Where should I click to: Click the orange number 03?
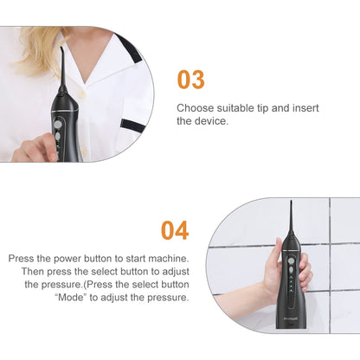(190, 80)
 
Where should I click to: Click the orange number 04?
(175, 230)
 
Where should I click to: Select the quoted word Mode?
(71, 297)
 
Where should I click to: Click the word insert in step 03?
(305, 108)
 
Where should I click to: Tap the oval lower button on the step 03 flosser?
(58, 136)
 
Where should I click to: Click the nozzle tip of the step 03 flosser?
(61, 48)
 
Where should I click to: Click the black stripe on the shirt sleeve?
(131, 124)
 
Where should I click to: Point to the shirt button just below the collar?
(83, 93)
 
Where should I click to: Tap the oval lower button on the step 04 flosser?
(291, 270)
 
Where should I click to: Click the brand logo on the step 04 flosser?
(290, 319)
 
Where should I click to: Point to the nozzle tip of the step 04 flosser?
(292, 202)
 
